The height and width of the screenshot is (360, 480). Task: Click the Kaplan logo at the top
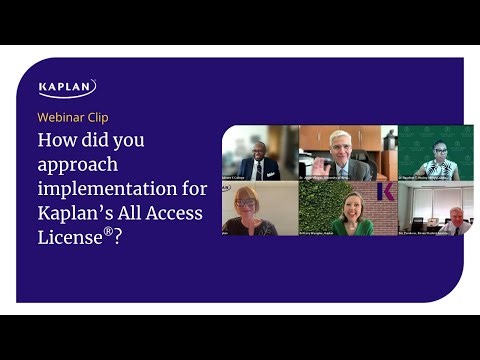(67, 89)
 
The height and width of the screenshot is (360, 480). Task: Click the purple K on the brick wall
(385, 192)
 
